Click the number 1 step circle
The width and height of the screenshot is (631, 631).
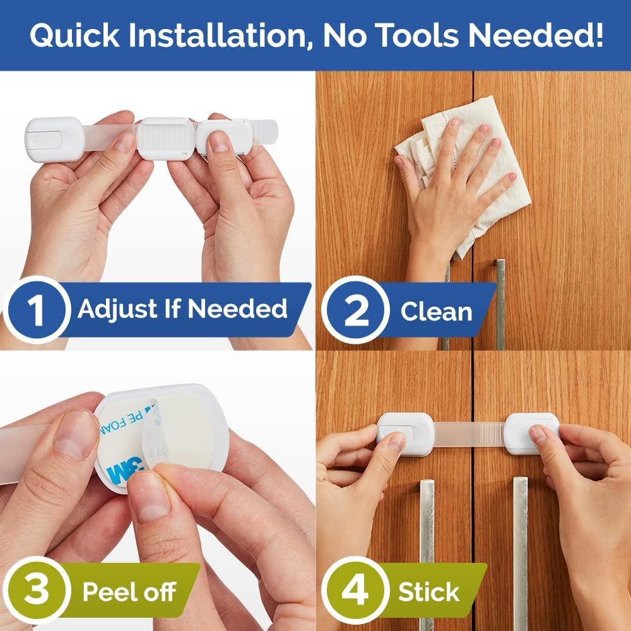tap(37, 310)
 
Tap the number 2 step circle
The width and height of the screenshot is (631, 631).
tap(356, 312)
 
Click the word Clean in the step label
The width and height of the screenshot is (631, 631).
tap(436, 312)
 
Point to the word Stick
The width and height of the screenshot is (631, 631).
tap(428, 592)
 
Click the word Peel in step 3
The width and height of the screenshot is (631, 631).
tap(106, 593)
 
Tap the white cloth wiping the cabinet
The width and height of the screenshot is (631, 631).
tap(468, 158)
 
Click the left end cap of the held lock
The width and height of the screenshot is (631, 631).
tap(54, 139)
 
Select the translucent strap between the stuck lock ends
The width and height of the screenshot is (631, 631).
tap(468, 435)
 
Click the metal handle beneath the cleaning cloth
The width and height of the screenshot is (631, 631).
tap(500, 303)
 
